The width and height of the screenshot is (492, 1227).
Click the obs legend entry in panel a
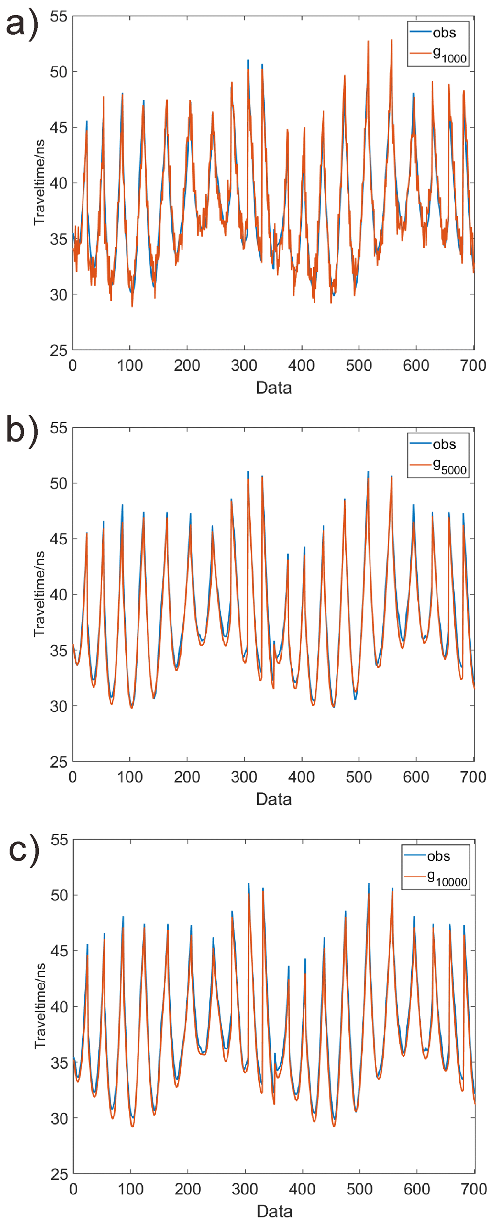[444, 33]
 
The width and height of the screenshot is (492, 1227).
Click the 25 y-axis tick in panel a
[59, 350]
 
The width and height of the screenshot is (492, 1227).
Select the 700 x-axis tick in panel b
[473, 777]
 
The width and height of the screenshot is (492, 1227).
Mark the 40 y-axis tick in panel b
[59, 594]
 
